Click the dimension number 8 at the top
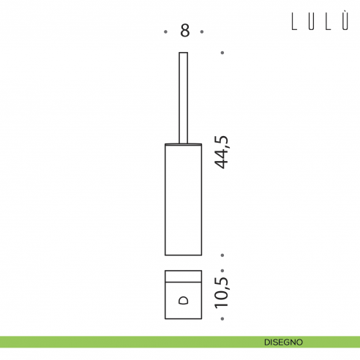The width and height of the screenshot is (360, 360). pos(185,31)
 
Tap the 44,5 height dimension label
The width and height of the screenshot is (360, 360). pos(222,152)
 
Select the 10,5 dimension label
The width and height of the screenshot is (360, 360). pos(222,292)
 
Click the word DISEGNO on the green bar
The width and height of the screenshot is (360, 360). pos(283,342)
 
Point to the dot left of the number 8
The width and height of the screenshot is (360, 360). pos(165,31)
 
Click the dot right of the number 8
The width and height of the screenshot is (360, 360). pos(202,31)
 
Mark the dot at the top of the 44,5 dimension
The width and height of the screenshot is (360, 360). pos(222,53)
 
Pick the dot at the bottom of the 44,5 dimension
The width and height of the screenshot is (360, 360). pos(222,255)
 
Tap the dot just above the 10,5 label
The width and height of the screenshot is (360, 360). pos(222,271)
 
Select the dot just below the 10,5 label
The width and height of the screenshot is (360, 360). pos(222,318)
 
